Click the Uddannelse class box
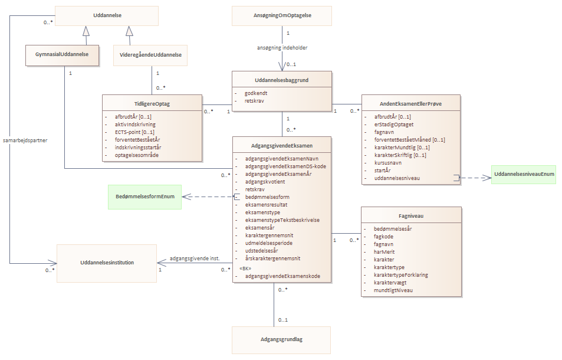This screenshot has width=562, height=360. point(107,16)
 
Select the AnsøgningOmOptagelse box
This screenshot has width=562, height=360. point(282,16)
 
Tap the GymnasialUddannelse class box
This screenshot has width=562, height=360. point(62,55)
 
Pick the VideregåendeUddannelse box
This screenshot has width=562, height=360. point(150,55)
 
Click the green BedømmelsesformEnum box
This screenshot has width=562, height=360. point(145,197)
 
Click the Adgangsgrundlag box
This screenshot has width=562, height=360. point(281,340)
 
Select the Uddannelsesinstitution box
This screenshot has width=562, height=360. point(107,263)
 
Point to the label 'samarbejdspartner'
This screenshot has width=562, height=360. point(25,140)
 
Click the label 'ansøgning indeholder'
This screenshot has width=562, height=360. point(282,48)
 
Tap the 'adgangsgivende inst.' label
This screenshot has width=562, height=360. point(195,258)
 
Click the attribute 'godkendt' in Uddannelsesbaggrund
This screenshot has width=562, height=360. point(256,93)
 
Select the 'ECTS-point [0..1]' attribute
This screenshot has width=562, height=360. point(134,132)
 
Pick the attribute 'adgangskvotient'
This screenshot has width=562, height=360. point(265,182)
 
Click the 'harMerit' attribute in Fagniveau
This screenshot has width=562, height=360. point(384,252)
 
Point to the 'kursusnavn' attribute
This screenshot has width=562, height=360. point(388,163)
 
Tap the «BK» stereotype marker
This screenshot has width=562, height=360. point(245,269)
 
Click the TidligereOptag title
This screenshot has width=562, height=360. point(152,104)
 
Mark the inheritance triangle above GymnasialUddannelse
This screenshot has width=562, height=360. point(86,31)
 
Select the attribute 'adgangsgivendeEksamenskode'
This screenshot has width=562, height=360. point(283,276)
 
